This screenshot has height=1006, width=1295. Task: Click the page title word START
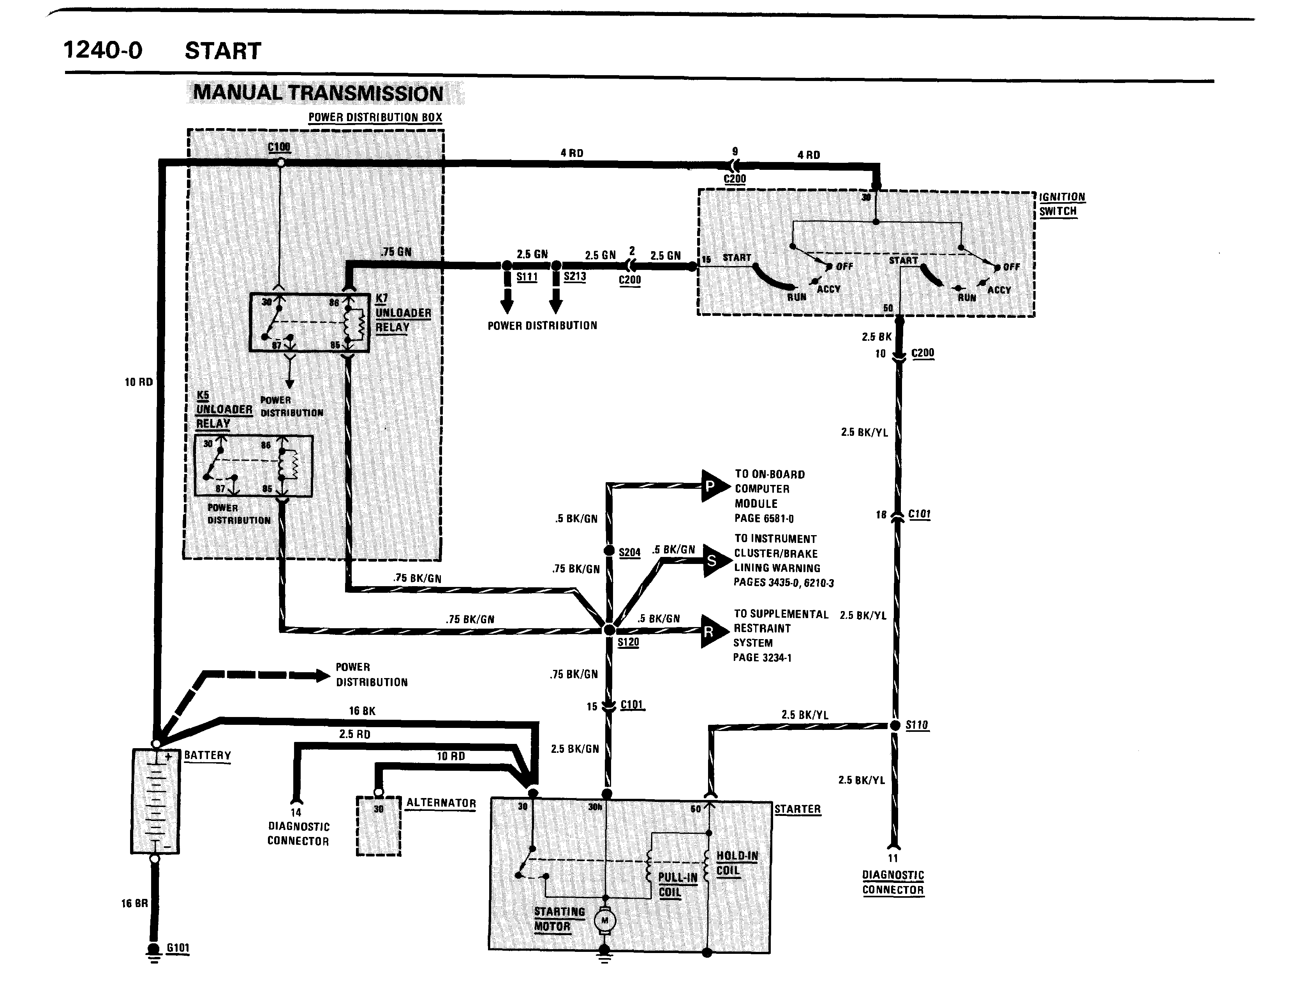coord(223,51)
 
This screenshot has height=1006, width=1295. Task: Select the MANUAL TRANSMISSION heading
coord(319,93)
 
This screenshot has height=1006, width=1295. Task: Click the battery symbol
coord(155,801)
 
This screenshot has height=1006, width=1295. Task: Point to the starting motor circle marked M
coord(605,920)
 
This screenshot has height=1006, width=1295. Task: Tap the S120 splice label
coord(628,642)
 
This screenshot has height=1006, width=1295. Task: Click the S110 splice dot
coord(895,725)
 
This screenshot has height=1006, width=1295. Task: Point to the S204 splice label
coord(629,553)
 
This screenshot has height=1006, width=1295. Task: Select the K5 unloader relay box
coord(253,465)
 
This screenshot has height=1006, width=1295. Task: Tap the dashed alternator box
coord(378,825)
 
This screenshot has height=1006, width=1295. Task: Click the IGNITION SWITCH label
coord(1061,204)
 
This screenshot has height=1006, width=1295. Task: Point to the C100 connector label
coord(279,146)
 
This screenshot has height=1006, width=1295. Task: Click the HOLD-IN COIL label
coord(736,863)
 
